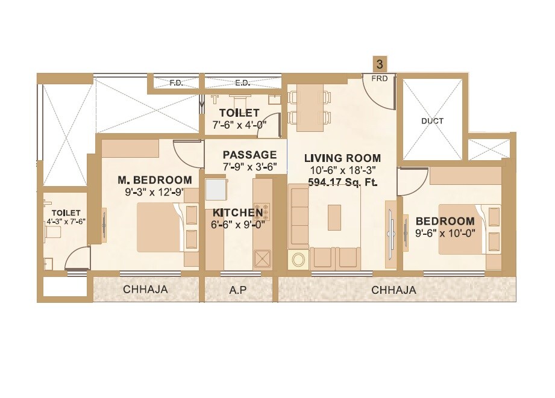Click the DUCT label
pos(432,121)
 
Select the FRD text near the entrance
pos(380,78)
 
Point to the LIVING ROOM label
pos(342,158)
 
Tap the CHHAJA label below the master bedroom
pos(145,290)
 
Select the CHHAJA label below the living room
pos(394,290)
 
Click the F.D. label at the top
pos(176,83)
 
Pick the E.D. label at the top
pos(242,83)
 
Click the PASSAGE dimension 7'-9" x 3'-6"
pos(249,167)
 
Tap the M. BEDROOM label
pos(155,180)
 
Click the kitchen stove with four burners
pos(262,213)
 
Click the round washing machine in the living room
pos(298,260)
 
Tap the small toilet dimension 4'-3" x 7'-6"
pos(66,221)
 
